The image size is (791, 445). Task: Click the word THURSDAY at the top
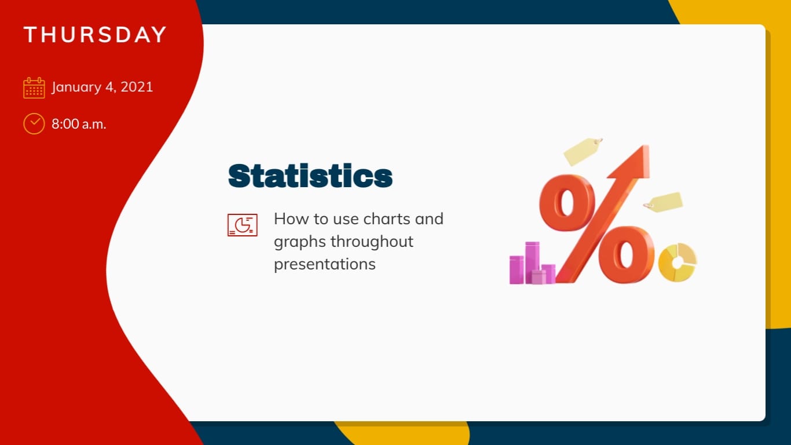95,35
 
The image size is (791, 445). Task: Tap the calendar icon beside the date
34,88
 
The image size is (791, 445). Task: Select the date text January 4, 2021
102,87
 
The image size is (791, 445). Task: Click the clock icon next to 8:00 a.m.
34,123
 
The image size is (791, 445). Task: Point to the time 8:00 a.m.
79,123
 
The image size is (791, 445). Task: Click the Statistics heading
310,176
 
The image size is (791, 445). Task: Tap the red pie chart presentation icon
242,225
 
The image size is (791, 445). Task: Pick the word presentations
324,264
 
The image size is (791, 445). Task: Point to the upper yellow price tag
582,151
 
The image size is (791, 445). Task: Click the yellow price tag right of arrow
664,202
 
